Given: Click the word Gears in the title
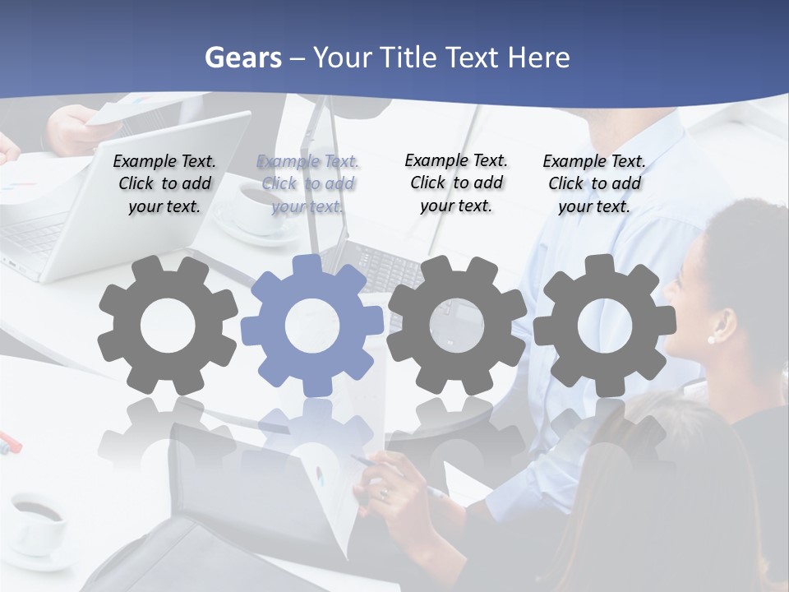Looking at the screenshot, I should click(x=242, y=58).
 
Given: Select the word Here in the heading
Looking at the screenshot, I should click(x=538, y=58).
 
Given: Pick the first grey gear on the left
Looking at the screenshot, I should click(x=168, y=326).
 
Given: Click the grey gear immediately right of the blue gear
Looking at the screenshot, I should click(x=456, y=325).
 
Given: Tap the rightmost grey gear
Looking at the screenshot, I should click(x=604, y=325).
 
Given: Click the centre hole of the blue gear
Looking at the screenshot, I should click(x=312, y=326).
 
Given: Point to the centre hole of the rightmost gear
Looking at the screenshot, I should click(x=604, y=326).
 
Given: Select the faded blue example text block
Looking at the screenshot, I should click(x=307, y=184).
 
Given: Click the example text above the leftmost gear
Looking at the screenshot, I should click(x=164, y=184).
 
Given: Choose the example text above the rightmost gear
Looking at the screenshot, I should click(x=594, y=184).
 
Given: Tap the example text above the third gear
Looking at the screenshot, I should click(x=456, y=183).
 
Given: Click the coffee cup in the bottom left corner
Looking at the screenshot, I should click(x=37, y=522).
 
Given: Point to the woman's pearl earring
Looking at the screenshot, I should click(x=711, y=339).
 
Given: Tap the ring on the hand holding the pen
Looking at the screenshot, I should click(x=384, y=493).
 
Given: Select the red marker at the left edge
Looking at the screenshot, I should click(x=10, y=442).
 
